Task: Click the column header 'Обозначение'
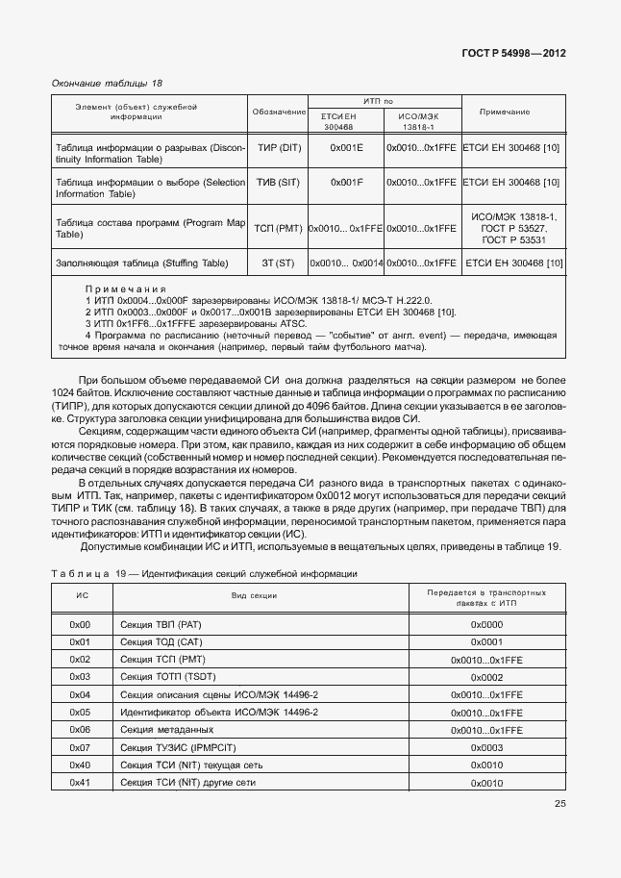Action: coord(278,113)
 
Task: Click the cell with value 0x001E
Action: coord(346,148)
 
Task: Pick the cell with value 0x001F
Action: coord(346,182)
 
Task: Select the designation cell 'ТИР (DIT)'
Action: coord(278,148)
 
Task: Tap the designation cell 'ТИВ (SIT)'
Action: coord(278,182)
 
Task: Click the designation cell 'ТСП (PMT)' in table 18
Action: coord(278,229)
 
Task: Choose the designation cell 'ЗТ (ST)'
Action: coord(278,263)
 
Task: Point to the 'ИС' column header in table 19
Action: coord(82,595)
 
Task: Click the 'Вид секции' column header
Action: coord(254,595)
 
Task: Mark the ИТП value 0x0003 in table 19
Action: coord(486,747)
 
